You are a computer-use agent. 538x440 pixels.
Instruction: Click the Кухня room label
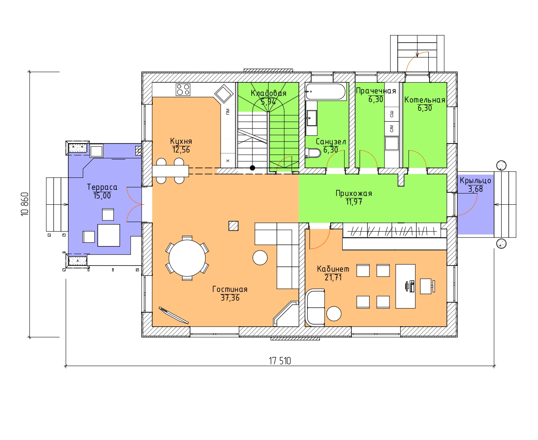(181, 141)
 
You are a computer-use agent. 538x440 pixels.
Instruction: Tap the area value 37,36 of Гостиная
(230, 297)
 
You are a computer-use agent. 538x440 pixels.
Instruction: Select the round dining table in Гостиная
(187, 258)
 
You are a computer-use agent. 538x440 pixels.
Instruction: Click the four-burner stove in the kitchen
(183, 89)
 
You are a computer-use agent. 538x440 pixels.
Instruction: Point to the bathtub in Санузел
(326, 91)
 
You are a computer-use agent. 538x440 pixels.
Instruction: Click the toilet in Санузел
(313, 153)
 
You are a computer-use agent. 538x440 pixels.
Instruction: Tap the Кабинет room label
(333, 269)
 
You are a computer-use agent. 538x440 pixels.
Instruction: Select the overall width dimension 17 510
(280, 361)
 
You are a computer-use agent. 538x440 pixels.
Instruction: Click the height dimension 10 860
(25, 204)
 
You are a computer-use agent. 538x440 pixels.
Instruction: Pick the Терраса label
(102, 187)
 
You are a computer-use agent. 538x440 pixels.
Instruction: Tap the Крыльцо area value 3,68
(476, 189)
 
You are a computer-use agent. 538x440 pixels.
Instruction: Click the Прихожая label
(353, 194)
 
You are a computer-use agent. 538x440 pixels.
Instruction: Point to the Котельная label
(425, 100)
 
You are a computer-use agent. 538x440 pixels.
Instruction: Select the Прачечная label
(376, 91)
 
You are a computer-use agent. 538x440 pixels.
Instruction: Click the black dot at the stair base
(252, 168)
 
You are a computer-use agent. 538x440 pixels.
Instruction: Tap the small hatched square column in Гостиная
(233, 226)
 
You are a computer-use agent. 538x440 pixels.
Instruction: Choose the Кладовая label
(268, 93)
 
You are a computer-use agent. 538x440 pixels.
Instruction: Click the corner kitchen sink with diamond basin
(224, 94)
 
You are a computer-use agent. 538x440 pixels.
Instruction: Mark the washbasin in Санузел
(312, 118)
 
